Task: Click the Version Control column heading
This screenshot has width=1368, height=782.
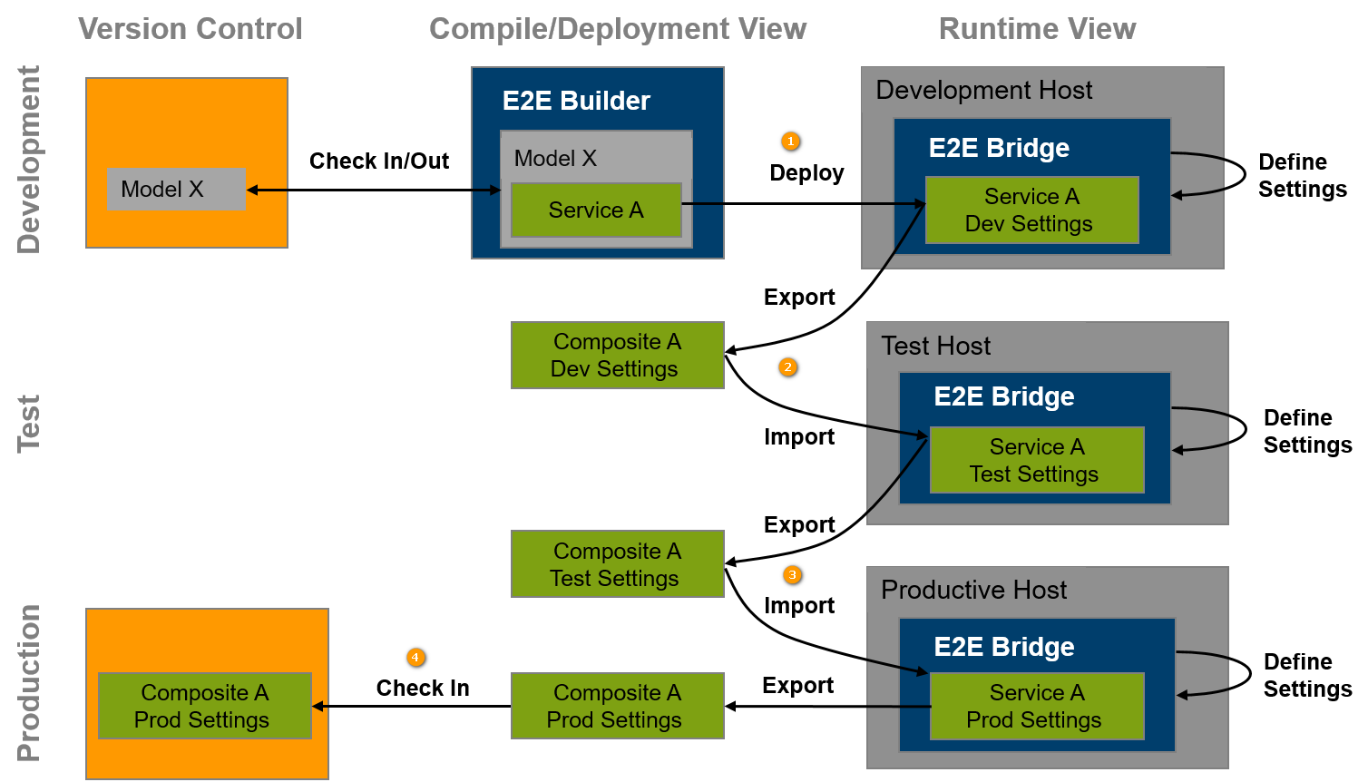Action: point(190,29)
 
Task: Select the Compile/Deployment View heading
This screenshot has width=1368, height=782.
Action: point(617,29)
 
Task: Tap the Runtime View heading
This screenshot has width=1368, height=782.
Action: point(1037,29)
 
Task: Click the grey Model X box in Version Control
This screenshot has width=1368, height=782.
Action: point(176,190)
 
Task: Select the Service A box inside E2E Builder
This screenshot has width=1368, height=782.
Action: point(596,210)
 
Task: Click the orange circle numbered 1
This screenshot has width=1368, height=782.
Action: point(791,142)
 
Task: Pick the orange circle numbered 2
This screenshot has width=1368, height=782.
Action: point(788,367)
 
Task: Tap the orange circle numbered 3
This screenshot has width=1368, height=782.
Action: point(792,575)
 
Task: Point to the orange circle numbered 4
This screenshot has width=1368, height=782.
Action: point(415,658)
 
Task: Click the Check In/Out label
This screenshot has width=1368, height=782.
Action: point(379,161)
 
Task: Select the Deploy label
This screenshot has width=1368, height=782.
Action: point(806,172)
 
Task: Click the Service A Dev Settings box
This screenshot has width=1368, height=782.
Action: point(1031,210)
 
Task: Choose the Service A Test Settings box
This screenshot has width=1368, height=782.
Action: point(1036,461)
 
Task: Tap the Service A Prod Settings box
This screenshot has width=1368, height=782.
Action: point(1036,707)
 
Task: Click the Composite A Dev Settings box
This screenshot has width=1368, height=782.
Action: point(617,356)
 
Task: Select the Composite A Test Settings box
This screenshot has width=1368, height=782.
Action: point(617,564)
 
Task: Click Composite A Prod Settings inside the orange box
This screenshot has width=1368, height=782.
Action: point(204,707)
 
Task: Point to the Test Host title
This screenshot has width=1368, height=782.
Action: point(935,346)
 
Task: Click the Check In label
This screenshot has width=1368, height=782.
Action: point(423,689)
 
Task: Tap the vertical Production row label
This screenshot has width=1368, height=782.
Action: point(29,682)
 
